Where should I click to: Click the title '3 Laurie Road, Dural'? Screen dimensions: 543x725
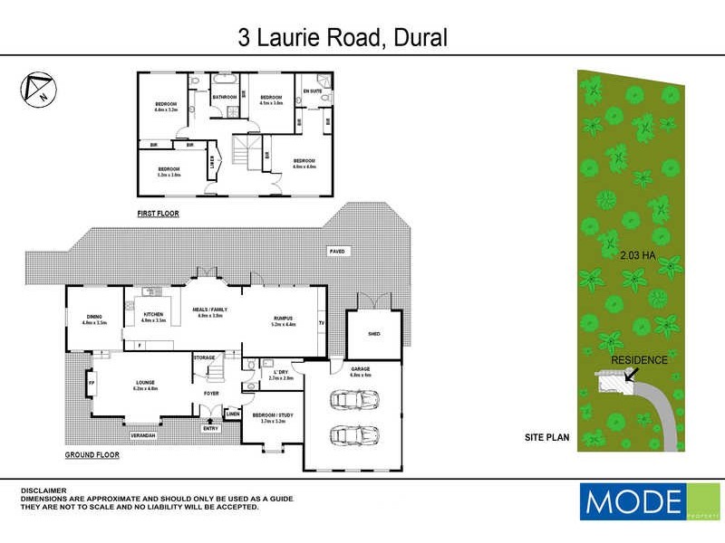(x=343, y=37)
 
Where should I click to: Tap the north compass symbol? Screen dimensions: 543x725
(x=35, y=87)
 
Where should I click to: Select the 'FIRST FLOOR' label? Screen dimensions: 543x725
(x=158, y=214)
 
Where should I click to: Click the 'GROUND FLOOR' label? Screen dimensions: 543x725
(x=93, y=454)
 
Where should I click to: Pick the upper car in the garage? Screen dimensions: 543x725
(x=351, y=400)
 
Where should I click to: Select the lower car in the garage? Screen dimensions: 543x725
(x=350, y=436)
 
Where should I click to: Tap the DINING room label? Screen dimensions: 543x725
(x=94, y=317)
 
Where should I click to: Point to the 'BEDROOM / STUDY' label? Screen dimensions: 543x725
(x=273, y=416)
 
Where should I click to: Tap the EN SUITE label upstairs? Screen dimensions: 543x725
(x=312, y=91)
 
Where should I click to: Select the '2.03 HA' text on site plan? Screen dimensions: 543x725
(x=638, y=256)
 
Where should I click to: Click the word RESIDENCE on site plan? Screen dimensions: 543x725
(x=639, y=360)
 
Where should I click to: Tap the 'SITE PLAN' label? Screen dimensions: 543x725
(x=546, y=437)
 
